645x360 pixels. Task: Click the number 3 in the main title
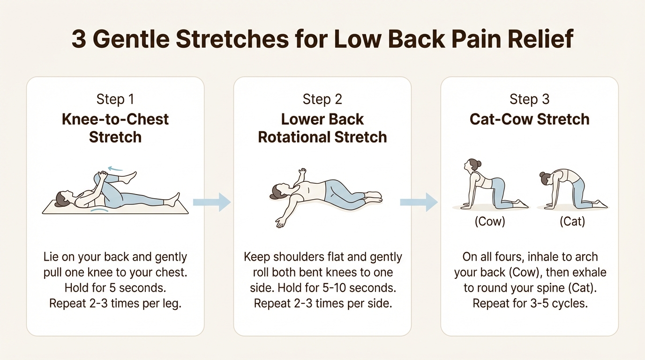(79, 39)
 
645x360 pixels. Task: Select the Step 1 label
(115, 99)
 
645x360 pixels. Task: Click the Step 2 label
(322, 99)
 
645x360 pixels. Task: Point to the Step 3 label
(530, 99)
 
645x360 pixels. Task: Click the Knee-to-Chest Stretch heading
(115, 128)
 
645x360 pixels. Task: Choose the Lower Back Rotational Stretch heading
(322, 128)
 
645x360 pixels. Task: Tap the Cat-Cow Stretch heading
(530, 119)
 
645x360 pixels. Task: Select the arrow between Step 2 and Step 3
(419, 202)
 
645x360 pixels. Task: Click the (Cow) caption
(490, 221)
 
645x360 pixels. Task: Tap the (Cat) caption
(572, 221)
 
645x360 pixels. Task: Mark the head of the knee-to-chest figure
(62, 198)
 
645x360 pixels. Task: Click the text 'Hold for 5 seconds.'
(115, 288)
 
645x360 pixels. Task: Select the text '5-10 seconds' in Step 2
(364, 288)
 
